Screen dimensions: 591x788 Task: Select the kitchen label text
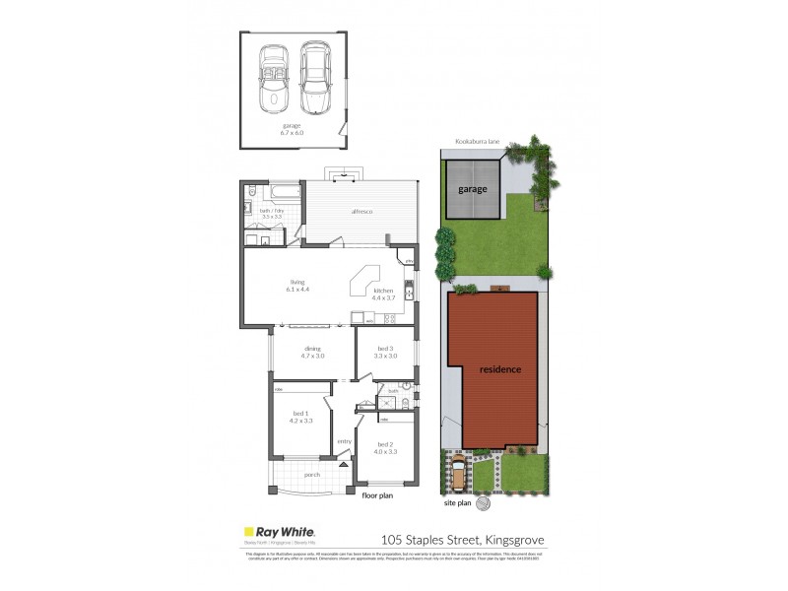(383, 292)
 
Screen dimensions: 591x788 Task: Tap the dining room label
(313, 348)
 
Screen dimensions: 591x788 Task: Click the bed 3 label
(386, 348)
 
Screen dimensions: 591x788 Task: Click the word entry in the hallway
(344, 441)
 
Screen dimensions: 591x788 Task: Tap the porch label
(312, 476)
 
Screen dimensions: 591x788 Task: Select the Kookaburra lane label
(477, 142)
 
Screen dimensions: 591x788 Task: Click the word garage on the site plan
(471, 188)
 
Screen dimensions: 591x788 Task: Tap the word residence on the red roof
(500, 369)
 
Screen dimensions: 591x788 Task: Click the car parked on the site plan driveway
(459, 476)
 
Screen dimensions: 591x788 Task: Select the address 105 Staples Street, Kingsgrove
(461, 539)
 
